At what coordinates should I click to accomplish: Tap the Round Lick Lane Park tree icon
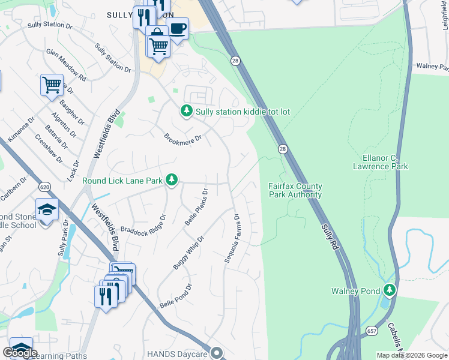pos(172,179)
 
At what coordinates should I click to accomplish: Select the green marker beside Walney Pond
pos(390,290)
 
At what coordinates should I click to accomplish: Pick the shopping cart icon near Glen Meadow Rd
pos(52,85)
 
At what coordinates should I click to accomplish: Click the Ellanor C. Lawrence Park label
pos(385,162)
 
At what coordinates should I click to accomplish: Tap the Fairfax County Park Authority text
pos(295,190)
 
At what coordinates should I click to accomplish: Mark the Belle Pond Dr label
pos(175,296)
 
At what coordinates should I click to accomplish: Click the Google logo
pos(20,353)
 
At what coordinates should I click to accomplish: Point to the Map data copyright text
pos(411,355)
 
